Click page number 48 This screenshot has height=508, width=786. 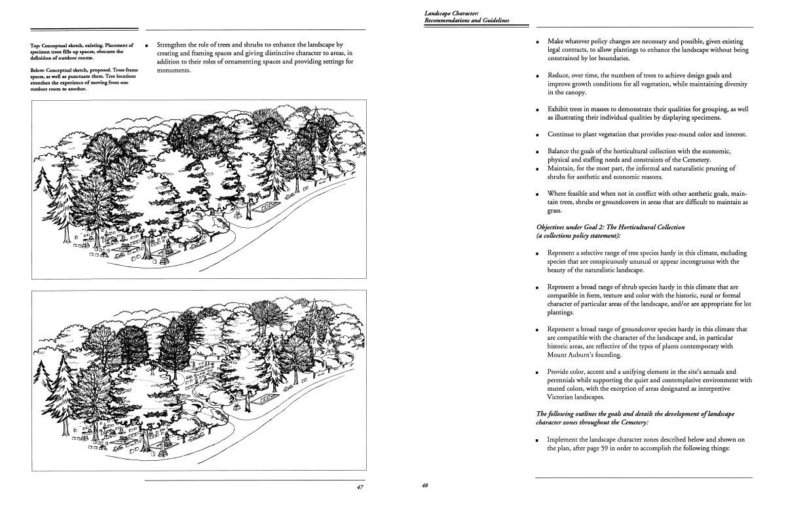click(425, 485)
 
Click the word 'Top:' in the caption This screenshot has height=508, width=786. click(36, 45)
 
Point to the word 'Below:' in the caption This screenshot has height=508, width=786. click(38, 69)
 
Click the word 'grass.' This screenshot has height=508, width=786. click(556, 211)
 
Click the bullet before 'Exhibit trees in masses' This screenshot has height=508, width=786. click(537, 109)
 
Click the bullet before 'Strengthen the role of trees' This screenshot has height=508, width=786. click(147, 45)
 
